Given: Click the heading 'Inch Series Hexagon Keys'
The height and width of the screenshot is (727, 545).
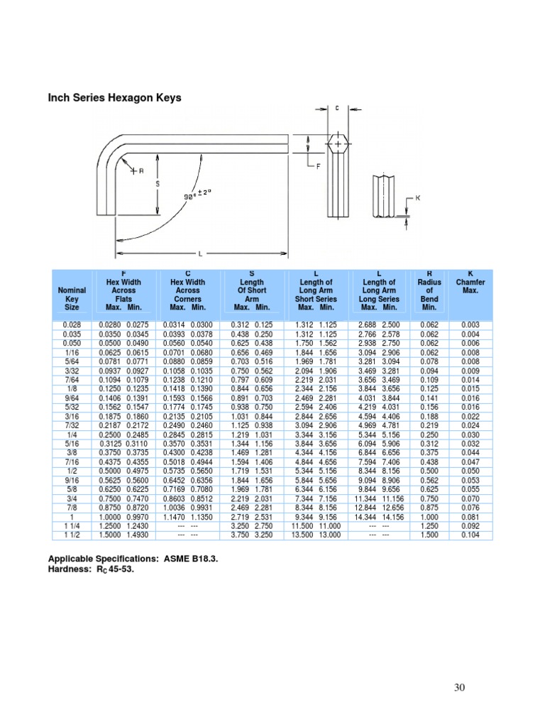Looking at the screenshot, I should tap(114, 98).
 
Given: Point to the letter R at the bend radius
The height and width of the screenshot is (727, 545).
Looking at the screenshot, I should tap(141, 171).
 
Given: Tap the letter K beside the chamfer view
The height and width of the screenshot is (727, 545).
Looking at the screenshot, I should tap(418, 198).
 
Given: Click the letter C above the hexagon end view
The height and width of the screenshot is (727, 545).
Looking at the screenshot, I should tap(337, 109).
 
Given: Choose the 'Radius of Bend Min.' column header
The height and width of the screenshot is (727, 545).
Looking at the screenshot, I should tap(429, 290).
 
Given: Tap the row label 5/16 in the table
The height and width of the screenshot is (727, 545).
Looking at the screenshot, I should tap(72, 443).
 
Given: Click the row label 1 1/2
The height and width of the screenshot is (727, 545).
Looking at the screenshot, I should tap(72, 535).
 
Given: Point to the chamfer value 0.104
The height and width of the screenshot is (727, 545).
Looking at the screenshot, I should tap(470, 535).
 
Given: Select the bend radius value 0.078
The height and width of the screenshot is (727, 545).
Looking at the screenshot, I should tap(429, 361).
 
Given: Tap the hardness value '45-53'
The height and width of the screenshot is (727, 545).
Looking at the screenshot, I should tap(118, 569).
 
